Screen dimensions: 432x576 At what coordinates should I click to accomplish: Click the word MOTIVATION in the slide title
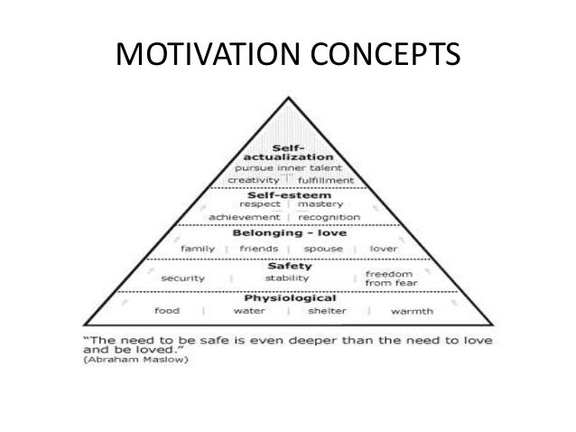coord(215,59)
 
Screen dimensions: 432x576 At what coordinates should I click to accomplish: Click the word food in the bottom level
coord(166,311)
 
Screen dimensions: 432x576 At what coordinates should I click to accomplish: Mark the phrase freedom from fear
coord(389,278)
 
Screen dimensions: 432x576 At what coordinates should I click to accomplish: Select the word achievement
coord(244,216)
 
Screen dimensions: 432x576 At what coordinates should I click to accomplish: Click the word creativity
coord(256,179)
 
